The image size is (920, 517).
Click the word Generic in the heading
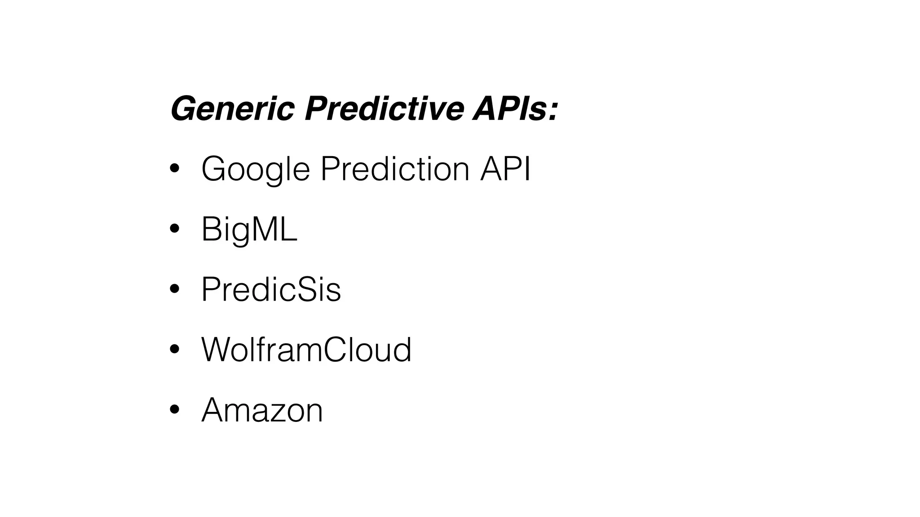tap(232, 109)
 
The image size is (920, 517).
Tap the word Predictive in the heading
tap(384, 109)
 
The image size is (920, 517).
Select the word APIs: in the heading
tap(515, 109)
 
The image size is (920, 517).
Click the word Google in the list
tap(255, 170)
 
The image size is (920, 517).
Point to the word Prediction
tap(395, 169)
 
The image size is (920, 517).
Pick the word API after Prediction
tap(505, 169)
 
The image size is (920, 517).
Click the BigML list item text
tap(249, 229)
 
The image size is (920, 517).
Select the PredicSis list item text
tap(271, 289)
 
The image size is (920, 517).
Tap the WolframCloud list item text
tap(306, 350)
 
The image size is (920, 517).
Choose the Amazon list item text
tap(262, 410)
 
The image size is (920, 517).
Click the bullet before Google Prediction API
tap(175, 169)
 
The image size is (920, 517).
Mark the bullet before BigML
tap(175, 229)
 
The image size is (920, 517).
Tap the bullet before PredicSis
tap(175, 289)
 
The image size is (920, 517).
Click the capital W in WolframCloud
tap(217, 350)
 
